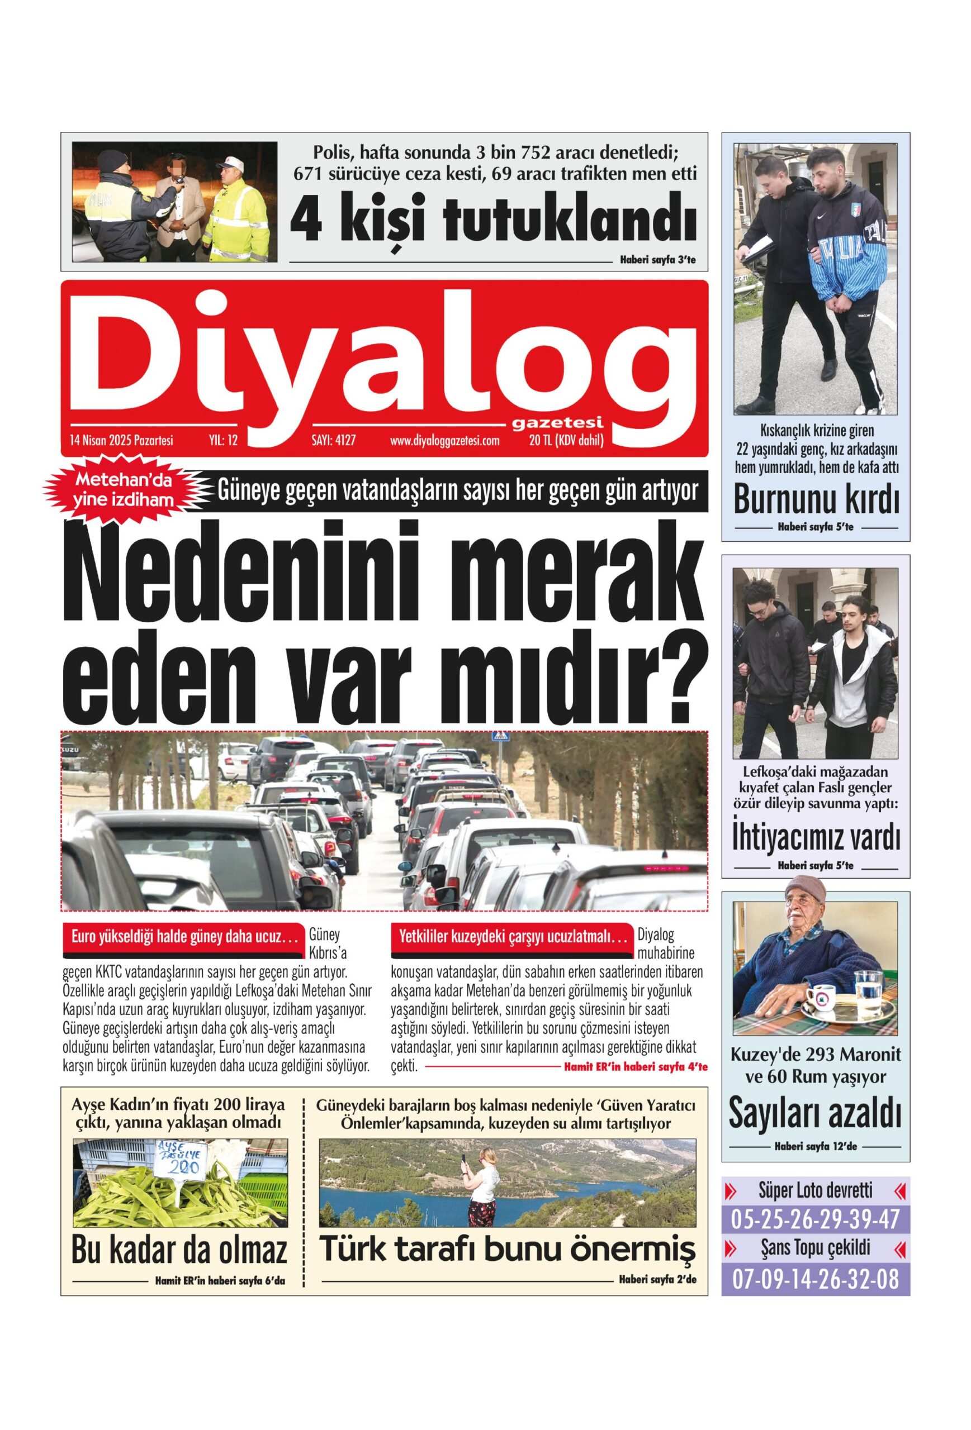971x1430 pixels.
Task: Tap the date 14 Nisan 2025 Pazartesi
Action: point(121,441)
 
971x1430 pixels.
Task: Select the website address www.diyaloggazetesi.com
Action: point(444,441)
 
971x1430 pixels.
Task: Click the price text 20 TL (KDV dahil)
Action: point(566,441)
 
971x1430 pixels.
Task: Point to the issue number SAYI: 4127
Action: point(334,441)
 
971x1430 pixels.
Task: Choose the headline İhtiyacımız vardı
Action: point(816,838)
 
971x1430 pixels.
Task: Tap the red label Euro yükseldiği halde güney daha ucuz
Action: point(184,938)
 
